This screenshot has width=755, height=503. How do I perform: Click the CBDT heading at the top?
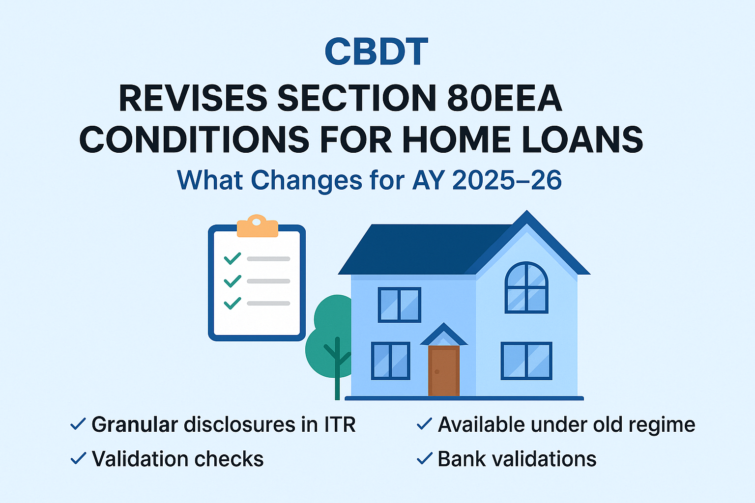376,51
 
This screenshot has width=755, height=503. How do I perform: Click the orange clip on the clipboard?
257,226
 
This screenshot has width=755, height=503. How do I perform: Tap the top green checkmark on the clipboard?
232,258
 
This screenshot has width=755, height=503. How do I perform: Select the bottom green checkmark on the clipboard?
232,303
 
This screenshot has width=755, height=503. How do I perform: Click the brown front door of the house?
443,371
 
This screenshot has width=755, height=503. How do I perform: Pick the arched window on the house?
526,288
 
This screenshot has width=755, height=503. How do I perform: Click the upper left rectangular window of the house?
400,305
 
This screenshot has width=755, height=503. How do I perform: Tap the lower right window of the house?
526,361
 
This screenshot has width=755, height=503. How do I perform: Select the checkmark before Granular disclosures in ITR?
78,424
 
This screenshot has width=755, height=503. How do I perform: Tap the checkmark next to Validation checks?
78,458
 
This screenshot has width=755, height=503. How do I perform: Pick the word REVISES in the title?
193,98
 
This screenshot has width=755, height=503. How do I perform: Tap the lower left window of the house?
391,361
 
